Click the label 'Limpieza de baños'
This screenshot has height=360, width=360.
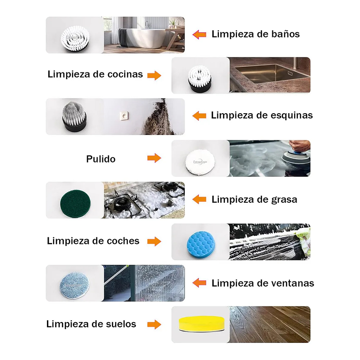[255, 34]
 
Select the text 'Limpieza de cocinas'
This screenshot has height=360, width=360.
[95, 74]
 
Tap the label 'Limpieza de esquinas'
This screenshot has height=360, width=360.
[261, 115]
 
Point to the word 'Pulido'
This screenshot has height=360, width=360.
[101, 159]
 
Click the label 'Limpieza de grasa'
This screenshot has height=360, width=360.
[254, 199]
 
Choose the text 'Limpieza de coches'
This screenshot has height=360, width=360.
[93, 241]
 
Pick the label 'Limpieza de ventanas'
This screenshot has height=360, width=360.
[262, 283]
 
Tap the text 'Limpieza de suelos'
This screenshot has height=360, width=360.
[91, 324]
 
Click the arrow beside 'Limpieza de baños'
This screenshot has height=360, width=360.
[199, 34]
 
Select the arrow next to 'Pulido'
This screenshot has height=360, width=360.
[154, 158]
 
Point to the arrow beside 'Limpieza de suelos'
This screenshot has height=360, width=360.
[154, 324]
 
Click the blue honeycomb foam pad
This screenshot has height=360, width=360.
[199, 242]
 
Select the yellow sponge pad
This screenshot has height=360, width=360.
[200, 324]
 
